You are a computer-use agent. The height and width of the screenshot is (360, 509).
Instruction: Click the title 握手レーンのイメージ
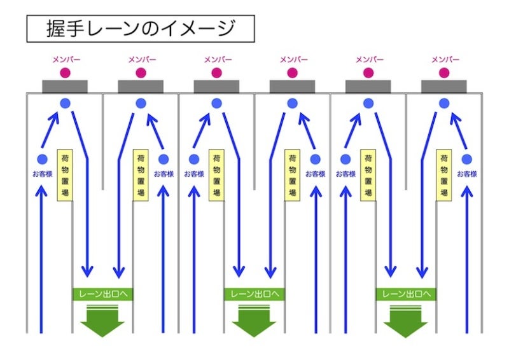pos(141,29)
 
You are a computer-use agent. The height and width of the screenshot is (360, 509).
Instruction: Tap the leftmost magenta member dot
pos(65,73)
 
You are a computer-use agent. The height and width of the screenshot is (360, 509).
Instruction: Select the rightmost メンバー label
pos(445,59)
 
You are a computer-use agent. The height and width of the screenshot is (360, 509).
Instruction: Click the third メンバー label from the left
pos(217,59)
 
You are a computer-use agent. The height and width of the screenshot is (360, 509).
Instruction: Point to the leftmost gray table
pos(65,87)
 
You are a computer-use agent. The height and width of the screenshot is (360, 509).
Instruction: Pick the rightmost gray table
pos(444,87)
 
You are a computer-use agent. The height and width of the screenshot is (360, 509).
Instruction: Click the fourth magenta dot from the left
pos(293,73)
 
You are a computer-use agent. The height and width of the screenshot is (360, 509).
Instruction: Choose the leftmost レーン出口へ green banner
pos(102,294)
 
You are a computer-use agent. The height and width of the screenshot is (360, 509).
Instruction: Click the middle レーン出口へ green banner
pos(254,294)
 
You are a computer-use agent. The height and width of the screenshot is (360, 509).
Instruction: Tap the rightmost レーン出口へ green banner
pos(405,294)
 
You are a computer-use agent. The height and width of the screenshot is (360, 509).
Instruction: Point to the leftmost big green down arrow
pos(102,321)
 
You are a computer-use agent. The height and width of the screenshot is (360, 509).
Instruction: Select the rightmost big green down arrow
pos(405,321)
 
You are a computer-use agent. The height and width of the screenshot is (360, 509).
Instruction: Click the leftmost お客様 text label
pos(43,174)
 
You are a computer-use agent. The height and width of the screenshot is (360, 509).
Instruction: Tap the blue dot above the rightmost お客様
pos(466,159)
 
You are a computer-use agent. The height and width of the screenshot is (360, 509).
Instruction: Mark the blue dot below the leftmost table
pos(65,104)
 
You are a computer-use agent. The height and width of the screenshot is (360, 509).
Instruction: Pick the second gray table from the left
pos(141,87)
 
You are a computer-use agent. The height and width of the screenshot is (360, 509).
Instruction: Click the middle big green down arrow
pos(254,321)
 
